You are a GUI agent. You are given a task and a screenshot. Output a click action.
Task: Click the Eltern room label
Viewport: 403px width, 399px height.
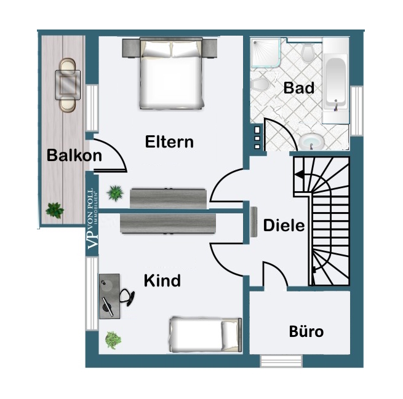click(x=169, y=142)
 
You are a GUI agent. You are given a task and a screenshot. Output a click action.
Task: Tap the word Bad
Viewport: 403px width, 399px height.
click(x=299, y=88)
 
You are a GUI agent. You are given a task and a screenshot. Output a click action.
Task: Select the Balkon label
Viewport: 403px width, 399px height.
click(x=74, y=156)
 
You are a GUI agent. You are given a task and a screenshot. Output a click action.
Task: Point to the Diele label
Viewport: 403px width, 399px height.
click(x=284, y=226)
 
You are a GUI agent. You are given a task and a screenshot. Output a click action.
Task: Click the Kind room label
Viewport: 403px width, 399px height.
click(x=162, y=281)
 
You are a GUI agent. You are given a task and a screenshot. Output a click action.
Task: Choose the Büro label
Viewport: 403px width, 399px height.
click(x=306, y=332)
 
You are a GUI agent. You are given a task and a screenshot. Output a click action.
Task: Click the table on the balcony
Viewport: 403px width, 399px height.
click(x=67, y=85)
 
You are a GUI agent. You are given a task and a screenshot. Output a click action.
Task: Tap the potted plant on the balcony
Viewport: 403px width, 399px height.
click(x=54, y=210)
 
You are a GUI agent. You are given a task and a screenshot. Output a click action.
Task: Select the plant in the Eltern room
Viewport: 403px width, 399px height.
click(x=114, y=194)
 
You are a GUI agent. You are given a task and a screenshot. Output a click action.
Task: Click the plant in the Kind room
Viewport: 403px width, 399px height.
click(x=113, y=339)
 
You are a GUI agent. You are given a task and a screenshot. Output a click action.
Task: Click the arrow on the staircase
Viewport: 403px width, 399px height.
click(x=301, y=175)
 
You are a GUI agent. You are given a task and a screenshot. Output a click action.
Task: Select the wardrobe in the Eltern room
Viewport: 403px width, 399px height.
click(x=168, y=198)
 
